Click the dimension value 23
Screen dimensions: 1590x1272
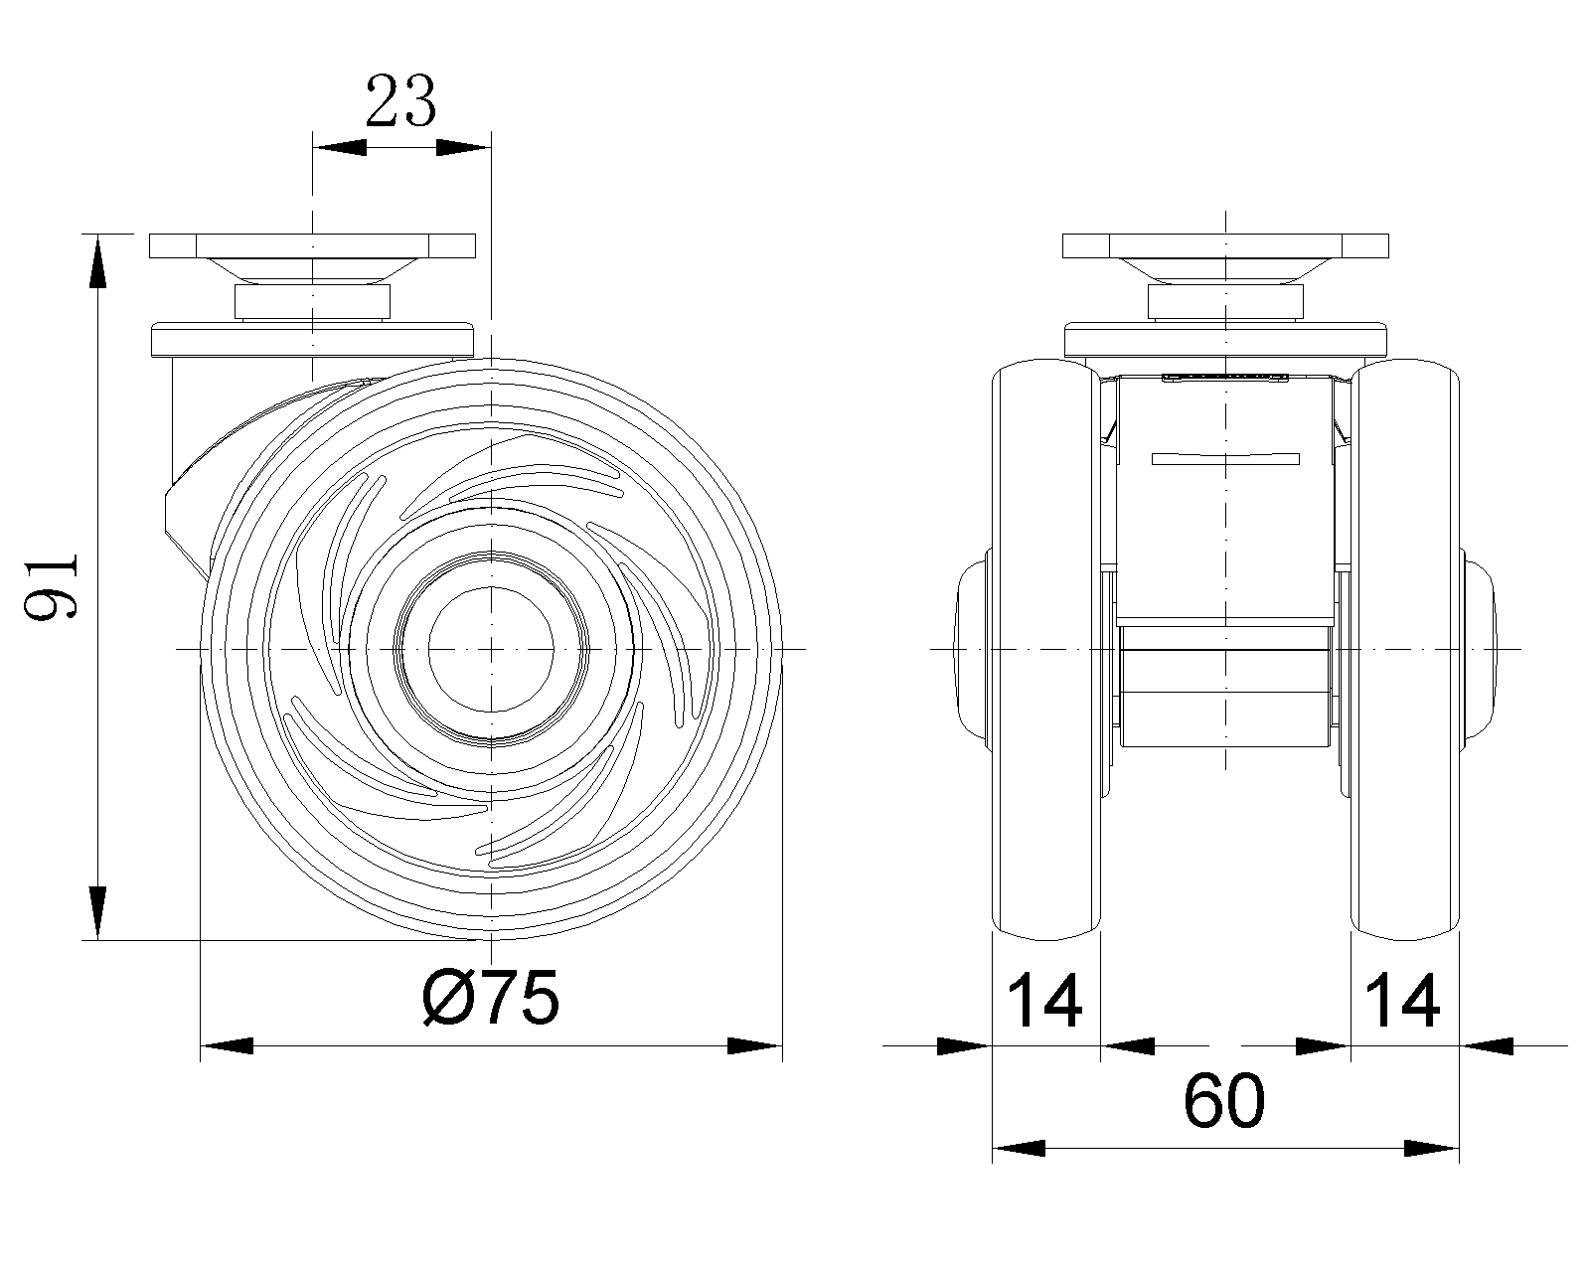[401, 100]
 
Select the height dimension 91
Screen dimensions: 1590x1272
[51, 586]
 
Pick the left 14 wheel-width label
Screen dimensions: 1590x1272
[1044, 1001]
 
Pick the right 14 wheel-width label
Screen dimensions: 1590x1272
[1401, 1001]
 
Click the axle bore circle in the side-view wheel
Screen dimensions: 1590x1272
[491, 649]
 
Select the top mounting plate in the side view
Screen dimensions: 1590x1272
[312, 246]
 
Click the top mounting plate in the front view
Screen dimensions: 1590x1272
[1225, 246]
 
